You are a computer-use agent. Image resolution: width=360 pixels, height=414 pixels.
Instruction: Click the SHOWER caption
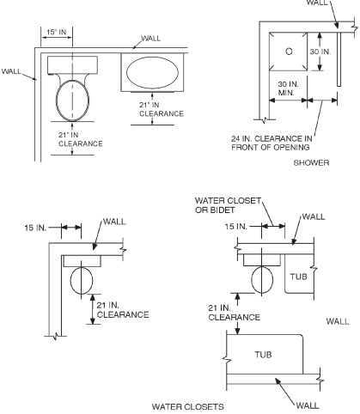click(x=311, y=163)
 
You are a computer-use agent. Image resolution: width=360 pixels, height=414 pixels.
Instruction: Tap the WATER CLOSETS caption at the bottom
click(x=187, y=406)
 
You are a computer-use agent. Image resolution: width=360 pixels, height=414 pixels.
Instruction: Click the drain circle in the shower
click(x=289, y=52)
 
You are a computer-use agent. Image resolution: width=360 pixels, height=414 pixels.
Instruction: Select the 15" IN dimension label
click(x=57, y=32)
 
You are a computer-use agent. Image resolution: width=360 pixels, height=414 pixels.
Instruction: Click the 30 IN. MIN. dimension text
click(x=288, y=88)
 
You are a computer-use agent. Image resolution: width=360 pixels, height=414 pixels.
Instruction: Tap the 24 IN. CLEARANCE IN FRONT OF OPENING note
click(x=272, y=143)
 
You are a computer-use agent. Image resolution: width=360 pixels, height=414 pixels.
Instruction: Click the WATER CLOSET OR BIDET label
click(x=228, y=205)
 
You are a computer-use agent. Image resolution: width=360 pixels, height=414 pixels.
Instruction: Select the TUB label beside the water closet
click(x=298, y=277)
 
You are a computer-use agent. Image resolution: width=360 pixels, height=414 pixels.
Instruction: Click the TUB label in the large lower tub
click(x=263, y=355)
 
